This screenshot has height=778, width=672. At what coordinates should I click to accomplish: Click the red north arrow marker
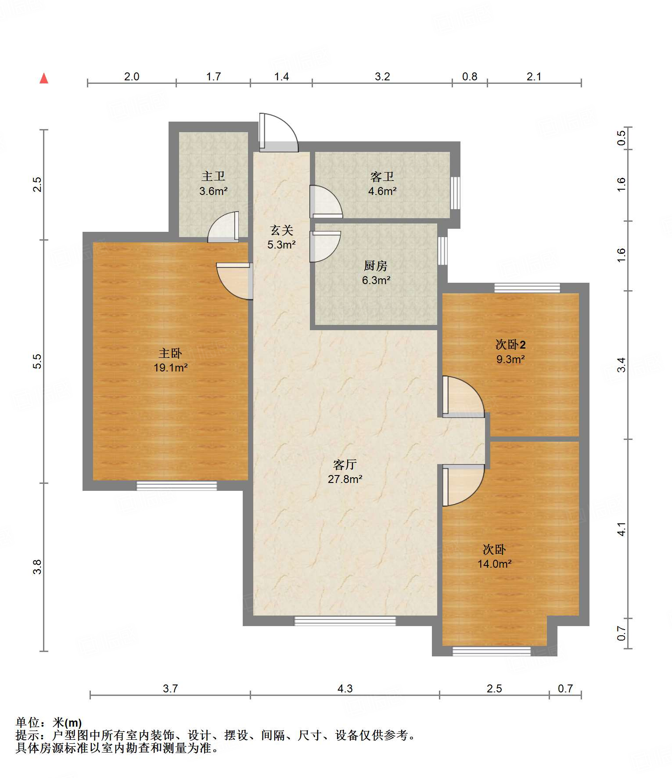point(44,78)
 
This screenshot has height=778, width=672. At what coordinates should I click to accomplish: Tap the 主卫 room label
point(213,176)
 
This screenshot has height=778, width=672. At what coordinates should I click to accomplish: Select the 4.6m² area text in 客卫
point(382,191)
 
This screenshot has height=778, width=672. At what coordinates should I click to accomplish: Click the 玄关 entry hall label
point(281,230)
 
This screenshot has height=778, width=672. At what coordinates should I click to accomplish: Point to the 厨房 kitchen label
point(376,266)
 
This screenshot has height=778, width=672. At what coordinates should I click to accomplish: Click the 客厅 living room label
point(345,465)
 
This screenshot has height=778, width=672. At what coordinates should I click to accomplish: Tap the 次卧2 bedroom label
point(510,345)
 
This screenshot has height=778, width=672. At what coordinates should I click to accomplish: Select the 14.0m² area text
point(495,564)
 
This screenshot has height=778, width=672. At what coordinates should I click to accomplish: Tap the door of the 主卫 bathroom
point(223,227)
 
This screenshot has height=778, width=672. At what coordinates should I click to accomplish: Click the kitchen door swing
point(325,246)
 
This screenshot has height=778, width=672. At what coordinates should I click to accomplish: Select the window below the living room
point(345,621)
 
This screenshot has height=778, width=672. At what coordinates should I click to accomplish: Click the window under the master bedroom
point(176,486)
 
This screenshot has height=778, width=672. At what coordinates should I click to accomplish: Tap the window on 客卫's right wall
point(456,193)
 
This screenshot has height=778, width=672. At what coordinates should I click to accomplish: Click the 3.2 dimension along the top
point(382,76)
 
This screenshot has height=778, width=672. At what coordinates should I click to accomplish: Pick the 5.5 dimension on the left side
point(37,361)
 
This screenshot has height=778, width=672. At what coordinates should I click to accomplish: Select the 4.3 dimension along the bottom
point(345,688)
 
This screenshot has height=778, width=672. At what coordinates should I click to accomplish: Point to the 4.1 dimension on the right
point(622,529)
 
